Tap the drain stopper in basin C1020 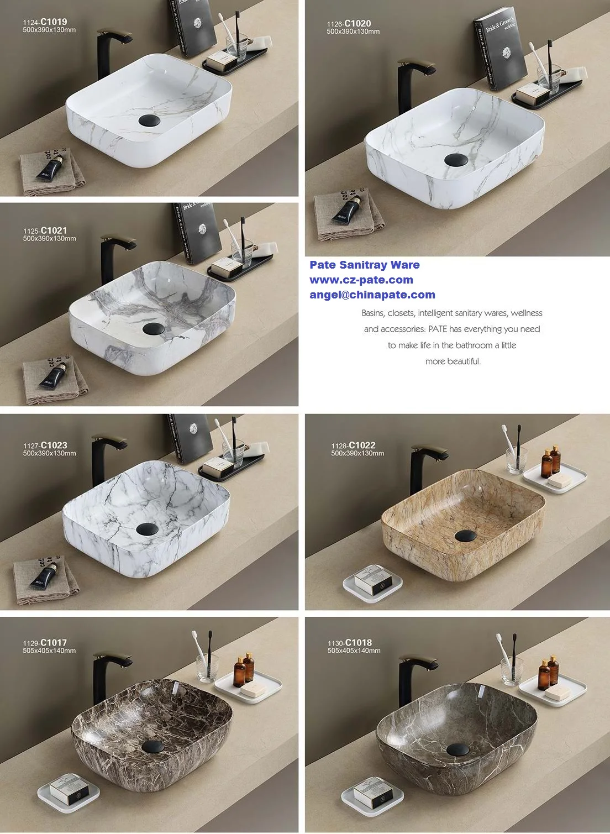tap(456, 160)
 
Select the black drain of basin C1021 tap(154, 329)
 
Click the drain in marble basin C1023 tap(148, 528)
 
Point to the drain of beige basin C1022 tap(465, 535)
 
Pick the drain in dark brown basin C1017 tap(153, 747)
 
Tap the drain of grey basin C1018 tap(457, 749)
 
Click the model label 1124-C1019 tap(45, 22)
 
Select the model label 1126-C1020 tap(349, 24)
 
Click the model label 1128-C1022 tap(353, 445)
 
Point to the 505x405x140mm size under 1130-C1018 tap(354, 651)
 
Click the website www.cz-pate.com tap(361, 280)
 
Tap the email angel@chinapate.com tap(372, 295)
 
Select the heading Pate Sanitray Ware tap(365, 265)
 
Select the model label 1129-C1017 tap(45, 643)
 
